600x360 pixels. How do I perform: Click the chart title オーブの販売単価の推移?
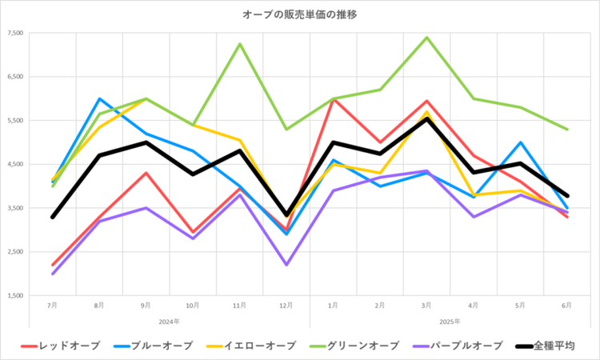300,14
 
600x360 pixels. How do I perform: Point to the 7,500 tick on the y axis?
16,34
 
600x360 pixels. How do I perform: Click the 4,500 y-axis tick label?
16,165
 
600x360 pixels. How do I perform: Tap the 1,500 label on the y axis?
16,296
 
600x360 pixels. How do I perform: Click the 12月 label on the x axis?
286,306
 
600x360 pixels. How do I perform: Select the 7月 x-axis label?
53,306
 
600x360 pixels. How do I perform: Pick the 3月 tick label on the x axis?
426,306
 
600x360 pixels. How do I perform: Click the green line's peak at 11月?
239,44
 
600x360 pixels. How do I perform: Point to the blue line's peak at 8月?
99,99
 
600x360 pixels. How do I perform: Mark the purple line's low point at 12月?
286,265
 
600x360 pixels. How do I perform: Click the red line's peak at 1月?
333,99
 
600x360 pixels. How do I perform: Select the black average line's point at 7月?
53,217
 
